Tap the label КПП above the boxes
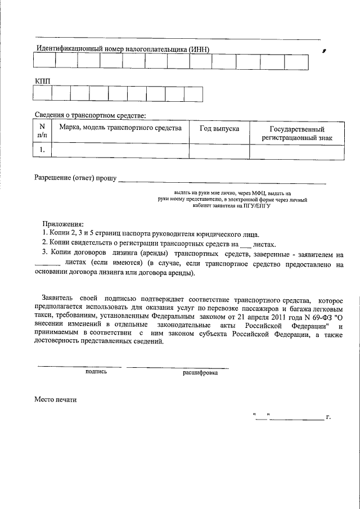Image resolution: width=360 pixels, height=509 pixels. point(43,82)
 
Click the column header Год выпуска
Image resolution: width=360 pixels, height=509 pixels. point(219,129)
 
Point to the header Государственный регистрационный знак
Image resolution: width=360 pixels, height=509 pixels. point(296,133)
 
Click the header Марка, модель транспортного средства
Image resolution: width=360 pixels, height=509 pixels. point(120,128)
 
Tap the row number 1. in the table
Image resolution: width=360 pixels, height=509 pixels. point(42,151)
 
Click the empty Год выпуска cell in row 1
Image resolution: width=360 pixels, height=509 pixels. point(219,151)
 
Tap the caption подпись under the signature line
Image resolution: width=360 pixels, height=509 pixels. point(96,372)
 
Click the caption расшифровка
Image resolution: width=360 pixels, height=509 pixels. point(200,372)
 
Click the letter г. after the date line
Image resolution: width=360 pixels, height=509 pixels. point(328,417)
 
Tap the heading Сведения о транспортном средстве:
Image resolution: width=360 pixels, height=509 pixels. point(90,115)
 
